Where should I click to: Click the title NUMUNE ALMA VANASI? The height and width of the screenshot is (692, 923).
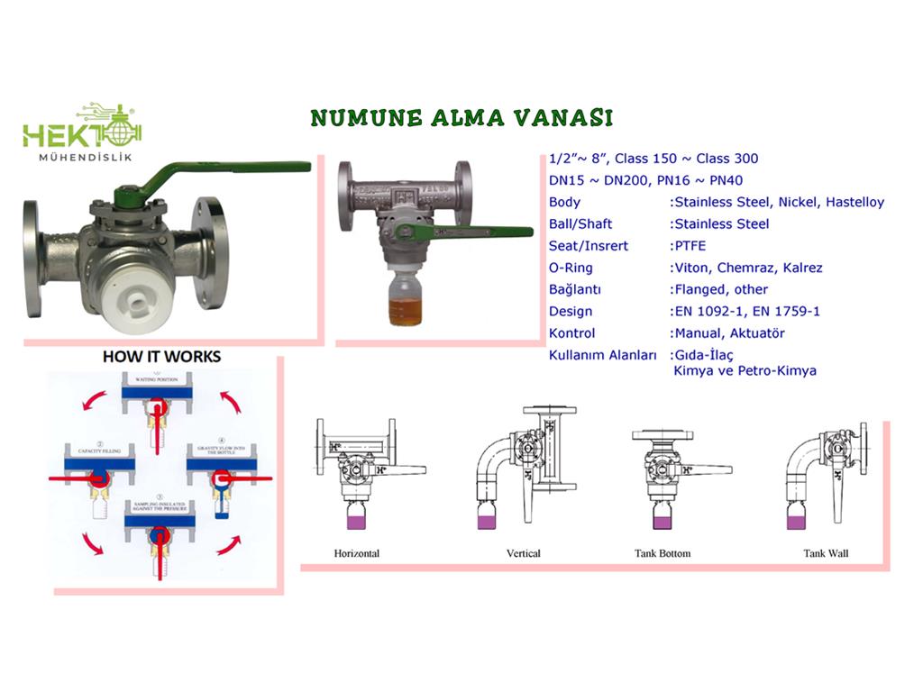pyautogui.click(x=461, y=118)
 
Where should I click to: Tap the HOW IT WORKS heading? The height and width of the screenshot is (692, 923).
pyautogui.click(x=161, y=356)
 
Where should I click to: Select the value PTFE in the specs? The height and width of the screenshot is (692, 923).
pyautogui.click(x=689, y=245)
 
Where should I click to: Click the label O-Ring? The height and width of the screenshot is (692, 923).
pyautogui.click(x=571, y=268)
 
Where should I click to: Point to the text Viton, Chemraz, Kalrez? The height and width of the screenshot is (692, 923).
pyautogui.click(x=748, y=268)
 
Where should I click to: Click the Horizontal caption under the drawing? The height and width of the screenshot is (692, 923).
pyautogui.click(x=356, y=552)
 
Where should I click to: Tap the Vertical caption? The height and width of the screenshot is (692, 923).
pyautogui.click(x=523, y=552)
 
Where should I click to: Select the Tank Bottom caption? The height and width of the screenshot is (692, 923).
pyautogui.click(x=662, y=552)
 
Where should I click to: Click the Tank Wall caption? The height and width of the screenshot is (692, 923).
pyautogui.click(x=826, y=552)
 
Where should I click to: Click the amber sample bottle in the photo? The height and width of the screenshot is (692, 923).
pyautogui.click(x=401, y=305)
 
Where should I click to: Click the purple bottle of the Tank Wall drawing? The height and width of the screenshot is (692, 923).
pyautogui.click(x=797, y=517)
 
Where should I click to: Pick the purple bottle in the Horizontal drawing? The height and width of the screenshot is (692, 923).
pyautogui.click(x=355, y=517)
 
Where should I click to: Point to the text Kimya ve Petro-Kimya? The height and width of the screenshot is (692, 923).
pyautogui.click(x=745, y=370)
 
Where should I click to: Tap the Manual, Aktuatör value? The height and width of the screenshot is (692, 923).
pyautogui.click(x=718, y=333)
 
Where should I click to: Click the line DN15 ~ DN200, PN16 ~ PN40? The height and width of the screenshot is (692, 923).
pyautogui.click(x=645, y=180)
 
